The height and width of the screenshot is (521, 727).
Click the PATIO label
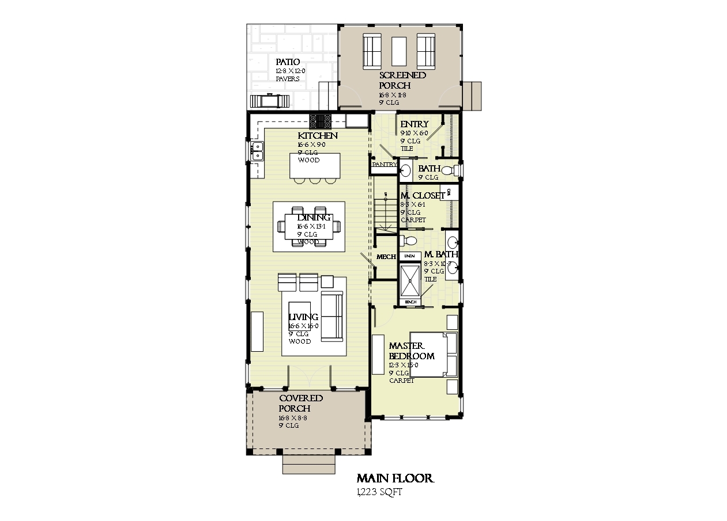(288, 62)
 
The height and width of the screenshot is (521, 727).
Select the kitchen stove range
(320, 121)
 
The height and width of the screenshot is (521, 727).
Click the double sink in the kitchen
(257, 151)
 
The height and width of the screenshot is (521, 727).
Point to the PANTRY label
(385, 165)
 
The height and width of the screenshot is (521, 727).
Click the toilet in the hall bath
(456, 170)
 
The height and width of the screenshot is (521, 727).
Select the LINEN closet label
(409, 256)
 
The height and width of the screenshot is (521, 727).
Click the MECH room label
(386, 256)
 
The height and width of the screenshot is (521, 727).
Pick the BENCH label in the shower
(410, 302)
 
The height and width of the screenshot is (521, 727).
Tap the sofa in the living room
(332, 317)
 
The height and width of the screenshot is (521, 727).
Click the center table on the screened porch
(400, 51)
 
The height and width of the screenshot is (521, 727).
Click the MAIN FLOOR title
(395, 478)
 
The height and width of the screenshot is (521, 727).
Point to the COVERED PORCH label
(301, 403)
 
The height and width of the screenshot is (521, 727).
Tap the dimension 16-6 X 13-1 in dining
(311, 226)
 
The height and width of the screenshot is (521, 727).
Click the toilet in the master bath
(410, 240)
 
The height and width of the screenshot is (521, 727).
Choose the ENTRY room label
(415, 124)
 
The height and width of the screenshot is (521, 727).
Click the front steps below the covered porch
(309, 464)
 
